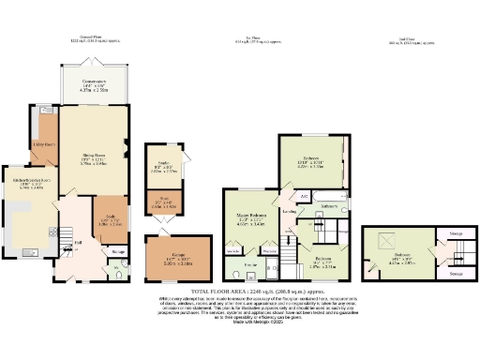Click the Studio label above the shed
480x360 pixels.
[x=163, y=166]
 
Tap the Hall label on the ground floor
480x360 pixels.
[x=77, y=243]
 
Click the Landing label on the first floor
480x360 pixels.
[x=290, y=212]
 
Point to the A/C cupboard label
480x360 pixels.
[x=306, y=195]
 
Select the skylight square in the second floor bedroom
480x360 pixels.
[x=386, y=241]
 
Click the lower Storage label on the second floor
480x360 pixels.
[x=455, y=274]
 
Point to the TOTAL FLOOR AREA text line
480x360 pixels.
[x=239, y=292]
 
